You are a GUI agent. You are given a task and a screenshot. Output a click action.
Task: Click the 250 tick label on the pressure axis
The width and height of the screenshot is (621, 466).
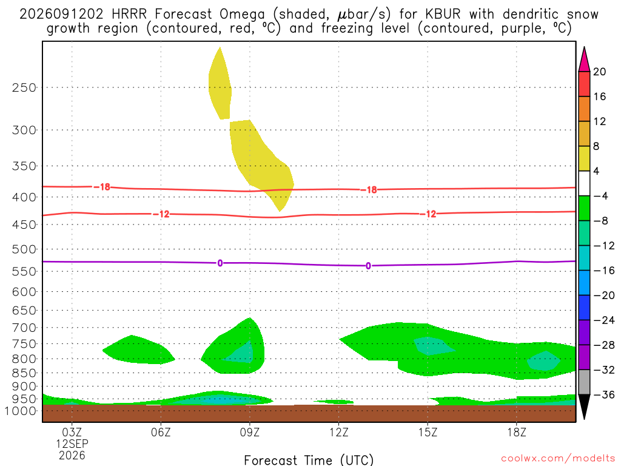24,87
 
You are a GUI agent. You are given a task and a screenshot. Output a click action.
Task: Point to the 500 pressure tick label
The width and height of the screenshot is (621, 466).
24,249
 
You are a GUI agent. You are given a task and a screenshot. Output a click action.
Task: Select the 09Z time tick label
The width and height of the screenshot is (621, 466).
249,432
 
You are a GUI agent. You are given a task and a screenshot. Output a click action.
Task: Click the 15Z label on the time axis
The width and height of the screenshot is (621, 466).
428,432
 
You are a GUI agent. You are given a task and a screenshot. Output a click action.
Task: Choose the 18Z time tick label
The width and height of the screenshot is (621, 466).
517,432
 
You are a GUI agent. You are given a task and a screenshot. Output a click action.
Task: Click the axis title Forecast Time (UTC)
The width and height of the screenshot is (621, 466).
309,460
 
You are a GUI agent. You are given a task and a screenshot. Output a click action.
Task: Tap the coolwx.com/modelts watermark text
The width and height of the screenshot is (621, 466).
558,459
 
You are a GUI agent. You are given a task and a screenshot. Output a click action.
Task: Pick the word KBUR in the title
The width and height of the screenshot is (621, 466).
443,15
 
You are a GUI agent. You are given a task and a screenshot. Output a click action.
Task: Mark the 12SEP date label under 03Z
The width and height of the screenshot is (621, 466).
72,444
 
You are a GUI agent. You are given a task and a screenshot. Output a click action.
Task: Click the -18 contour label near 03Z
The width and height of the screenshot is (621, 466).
102,187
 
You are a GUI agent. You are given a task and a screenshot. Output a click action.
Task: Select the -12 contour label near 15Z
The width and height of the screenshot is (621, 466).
429,214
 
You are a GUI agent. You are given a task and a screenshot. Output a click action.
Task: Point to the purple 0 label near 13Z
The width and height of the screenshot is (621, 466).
368,266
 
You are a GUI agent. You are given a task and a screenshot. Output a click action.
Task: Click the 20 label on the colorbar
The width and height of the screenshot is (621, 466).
600,72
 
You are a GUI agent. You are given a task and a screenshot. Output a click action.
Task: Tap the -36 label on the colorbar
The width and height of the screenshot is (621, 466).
604,394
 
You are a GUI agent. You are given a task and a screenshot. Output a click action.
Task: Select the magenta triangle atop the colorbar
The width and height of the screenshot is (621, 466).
584,59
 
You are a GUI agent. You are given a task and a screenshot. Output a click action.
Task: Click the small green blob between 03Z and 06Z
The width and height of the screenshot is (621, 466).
138,350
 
